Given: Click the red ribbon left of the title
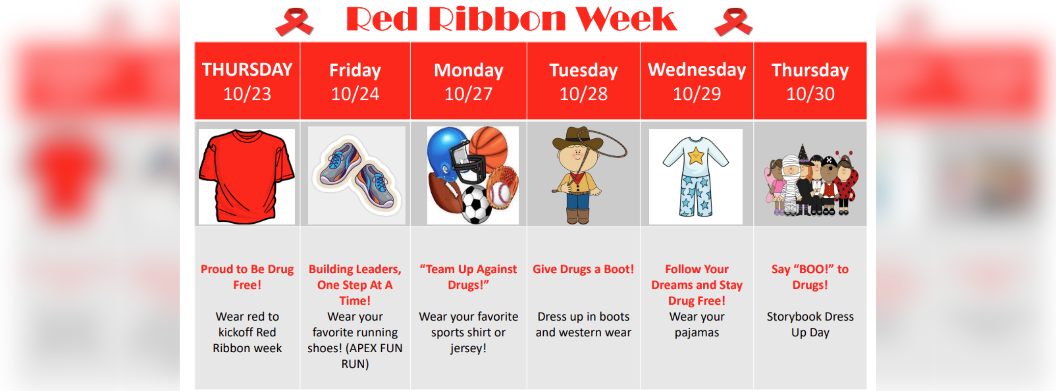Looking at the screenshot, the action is click(x=295, y=22).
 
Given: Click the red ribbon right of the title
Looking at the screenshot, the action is click(x=733, y=22).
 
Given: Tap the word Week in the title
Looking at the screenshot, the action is click(x=626, y=19).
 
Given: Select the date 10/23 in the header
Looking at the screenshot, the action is click(x=247, y=94).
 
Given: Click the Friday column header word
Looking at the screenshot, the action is click(x=355, y=70).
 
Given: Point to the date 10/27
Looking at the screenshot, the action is click(x=468, y=94).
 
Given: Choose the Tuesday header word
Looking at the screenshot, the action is click(x=583, y=70).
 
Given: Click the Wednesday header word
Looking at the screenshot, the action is click(x=697, y=70).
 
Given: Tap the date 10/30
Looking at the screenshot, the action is click(x=810, y=94).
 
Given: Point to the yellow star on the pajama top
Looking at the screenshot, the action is click(x=696, y=156).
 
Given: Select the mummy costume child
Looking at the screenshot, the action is click(x=790, y=185).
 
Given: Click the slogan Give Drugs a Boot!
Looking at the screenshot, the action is click(x=583, y=269).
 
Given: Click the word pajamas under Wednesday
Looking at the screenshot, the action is click(x=697, y=333).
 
